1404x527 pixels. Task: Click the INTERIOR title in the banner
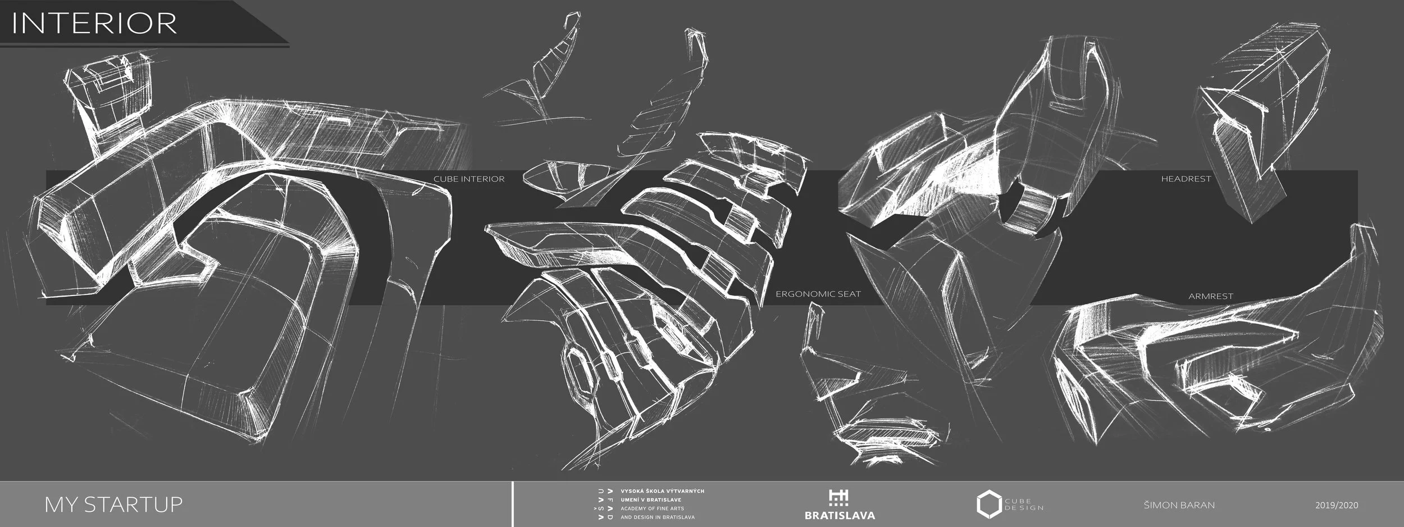94,23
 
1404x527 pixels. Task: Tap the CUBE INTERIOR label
469,179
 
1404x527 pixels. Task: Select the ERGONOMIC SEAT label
818,294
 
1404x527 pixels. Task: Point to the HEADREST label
1186,179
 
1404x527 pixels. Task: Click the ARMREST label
1211,296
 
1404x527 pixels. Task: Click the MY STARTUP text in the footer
113,504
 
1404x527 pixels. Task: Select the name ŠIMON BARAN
1179,505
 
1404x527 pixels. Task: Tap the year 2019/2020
1337,505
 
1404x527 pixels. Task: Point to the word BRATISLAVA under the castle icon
840,515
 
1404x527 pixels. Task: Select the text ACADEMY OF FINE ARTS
652,508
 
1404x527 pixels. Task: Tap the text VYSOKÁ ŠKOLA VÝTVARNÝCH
662,491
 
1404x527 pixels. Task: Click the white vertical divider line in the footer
513,504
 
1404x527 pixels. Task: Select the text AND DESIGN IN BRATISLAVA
657,517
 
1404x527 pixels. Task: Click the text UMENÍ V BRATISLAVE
651,499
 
